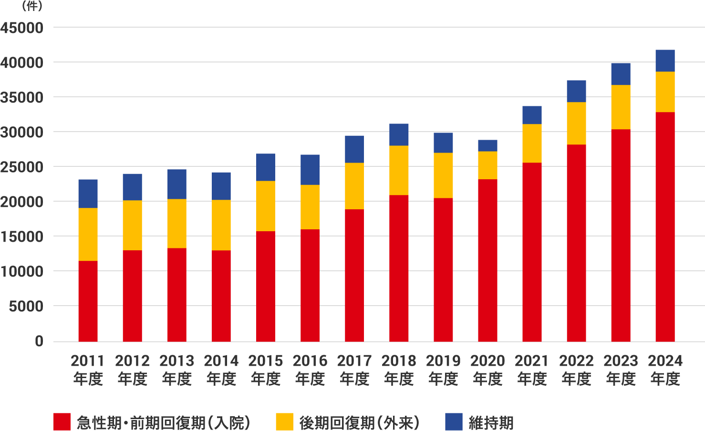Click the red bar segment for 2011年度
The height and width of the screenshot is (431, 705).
[88, 301]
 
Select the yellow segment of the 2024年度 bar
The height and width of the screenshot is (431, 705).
[665, 92]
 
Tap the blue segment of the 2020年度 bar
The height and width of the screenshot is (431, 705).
[487, 145]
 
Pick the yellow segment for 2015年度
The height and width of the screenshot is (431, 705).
[266, 206]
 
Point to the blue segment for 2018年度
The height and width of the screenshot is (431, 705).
[399, 134]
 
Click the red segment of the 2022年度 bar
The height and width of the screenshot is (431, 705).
[576, 243]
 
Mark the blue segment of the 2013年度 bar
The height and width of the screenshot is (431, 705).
[177, 184]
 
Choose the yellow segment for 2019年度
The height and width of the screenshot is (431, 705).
[443, 175]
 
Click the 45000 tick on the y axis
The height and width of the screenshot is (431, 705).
[21, 28]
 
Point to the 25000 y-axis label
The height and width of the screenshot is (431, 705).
[21, 167]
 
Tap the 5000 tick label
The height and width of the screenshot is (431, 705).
[26, 306]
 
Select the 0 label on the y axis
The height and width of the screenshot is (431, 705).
[39, 341]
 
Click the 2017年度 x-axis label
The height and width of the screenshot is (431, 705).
[354, 369]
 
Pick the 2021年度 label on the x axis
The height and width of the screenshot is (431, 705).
[532, 369]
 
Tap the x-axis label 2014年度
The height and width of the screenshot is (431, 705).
[221, 369]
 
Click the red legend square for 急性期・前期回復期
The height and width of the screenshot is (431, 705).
[62, 422]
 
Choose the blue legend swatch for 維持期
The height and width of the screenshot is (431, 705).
[454, 422]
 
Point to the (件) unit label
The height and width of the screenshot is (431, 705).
[32, 6]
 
